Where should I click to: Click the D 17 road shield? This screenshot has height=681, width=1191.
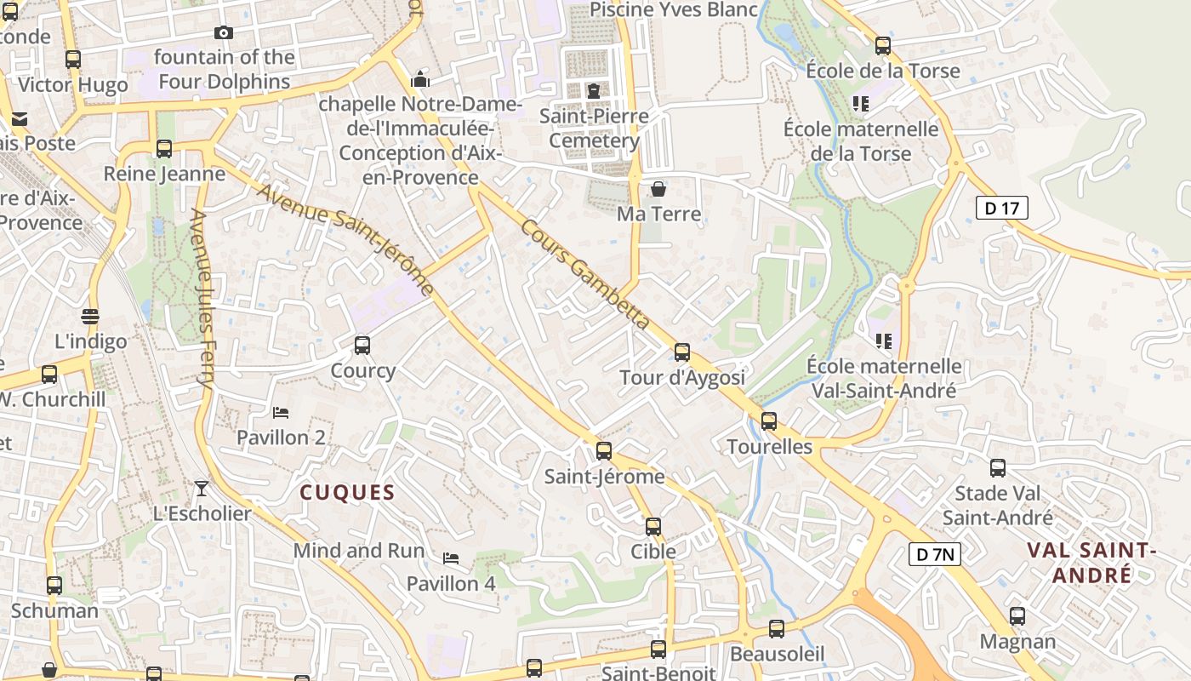coord(1002,208)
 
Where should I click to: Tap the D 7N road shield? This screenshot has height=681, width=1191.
coord(935,555)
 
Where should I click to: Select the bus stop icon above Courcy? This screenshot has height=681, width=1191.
coord(362,346)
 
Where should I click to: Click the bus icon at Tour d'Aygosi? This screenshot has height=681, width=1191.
coord(681,352)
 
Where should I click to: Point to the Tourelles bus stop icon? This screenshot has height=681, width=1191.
coord(769,421)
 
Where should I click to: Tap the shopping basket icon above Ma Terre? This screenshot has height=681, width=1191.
coord(658,189)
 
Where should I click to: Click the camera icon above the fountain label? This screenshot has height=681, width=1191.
coord(224,33)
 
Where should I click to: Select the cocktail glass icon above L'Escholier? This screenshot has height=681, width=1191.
coord(201,488)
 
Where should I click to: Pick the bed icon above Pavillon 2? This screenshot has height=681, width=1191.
coord(281,413)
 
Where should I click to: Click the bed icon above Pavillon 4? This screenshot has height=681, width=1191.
coord(451,558)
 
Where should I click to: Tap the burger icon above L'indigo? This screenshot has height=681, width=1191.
coord(90,317)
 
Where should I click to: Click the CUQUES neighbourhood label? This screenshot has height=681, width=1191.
coord(347,493)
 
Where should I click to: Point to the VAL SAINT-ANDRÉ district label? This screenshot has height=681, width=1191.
coord(1092,564)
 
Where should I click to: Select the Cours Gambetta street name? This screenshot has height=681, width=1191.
coord(584,275)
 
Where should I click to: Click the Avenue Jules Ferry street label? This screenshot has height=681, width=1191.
coord(202,300)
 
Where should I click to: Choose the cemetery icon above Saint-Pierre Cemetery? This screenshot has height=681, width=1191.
coord(594,90)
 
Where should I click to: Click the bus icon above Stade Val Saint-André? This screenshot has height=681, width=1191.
coord(998,468)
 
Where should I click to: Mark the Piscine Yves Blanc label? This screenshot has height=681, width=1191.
coord(673,9)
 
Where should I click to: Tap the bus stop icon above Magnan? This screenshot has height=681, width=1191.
coord(1017,616)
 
